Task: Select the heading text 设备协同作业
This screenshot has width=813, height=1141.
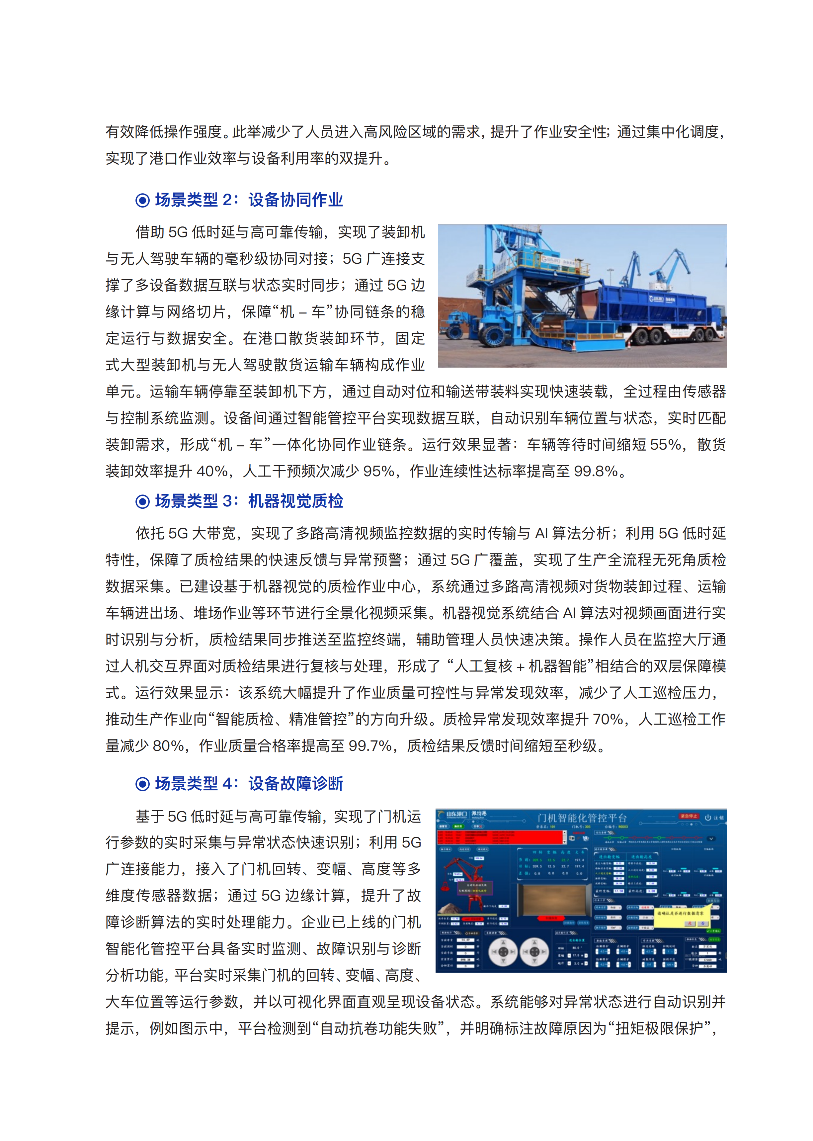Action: click(295, 200)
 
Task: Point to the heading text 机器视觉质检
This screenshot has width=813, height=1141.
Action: click(295, 501)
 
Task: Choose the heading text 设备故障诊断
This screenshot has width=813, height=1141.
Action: click(295, 784)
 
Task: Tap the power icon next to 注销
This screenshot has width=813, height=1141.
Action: click(708, 818)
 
